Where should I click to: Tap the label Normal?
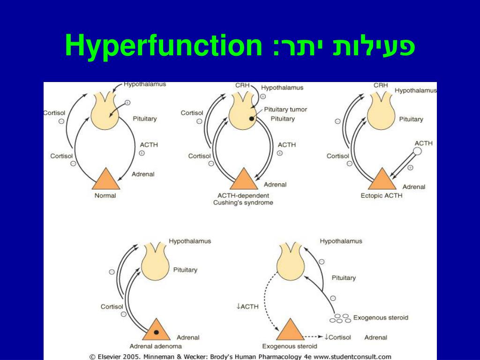(x=105, y=195)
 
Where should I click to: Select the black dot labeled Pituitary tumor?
(x=252, y=119)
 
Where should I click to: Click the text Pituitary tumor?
(x=285, y=109)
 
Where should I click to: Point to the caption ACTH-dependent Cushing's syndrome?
(x=243, y=199)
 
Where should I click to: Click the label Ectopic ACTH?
(x=381, y=195)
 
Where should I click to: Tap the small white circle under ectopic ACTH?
(x=417, y=151)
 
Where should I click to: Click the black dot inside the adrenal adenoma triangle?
(x=156, y=332)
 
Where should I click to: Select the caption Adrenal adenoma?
(x=156, y=346)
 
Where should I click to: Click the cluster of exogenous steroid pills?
(x=340, y=318)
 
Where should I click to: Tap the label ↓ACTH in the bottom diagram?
(x=247, y=307)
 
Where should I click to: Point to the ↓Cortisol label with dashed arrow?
(x=337, y=337)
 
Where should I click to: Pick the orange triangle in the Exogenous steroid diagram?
(x=290, y=331)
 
